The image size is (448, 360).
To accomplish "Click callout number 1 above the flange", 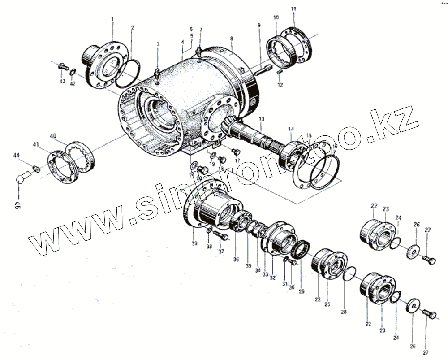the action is [x=112, y=19].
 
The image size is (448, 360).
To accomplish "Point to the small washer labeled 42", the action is [x=73, y=73].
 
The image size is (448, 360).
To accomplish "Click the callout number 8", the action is [x=232, y=39].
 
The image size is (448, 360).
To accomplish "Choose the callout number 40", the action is [x=53, y=135].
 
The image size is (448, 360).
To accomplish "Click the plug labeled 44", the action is [x=35, y=169].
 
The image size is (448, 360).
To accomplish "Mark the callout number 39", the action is [x=194, y=243].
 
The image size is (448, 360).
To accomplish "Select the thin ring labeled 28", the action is [x=350, y=273].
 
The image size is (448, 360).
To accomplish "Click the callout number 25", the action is [x=327, y=304].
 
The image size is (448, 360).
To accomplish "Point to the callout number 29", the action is [x=302, y=291].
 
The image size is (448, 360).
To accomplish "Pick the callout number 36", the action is [x=236, y=259].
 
